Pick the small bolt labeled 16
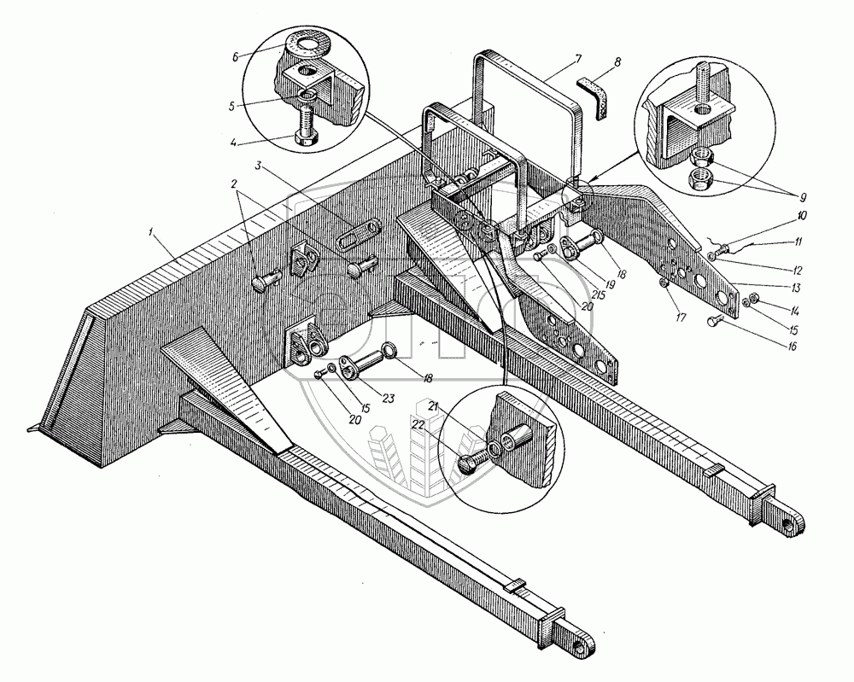(x=716, y=321)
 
